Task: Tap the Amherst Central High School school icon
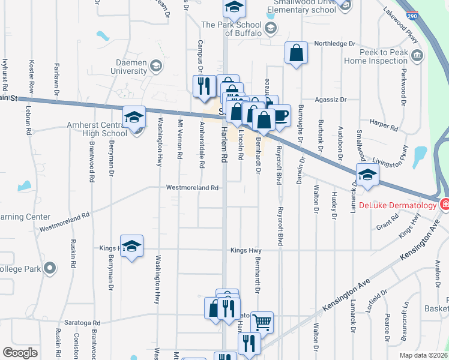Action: (134, 116)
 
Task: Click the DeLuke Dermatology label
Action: (397, 205)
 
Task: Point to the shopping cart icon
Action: (262, 322)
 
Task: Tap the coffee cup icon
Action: (280, 115)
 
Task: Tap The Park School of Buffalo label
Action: (231, 29)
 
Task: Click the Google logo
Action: (20, 353)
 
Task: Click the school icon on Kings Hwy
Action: (132, 246)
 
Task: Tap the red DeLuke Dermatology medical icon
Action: (445, 205)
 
